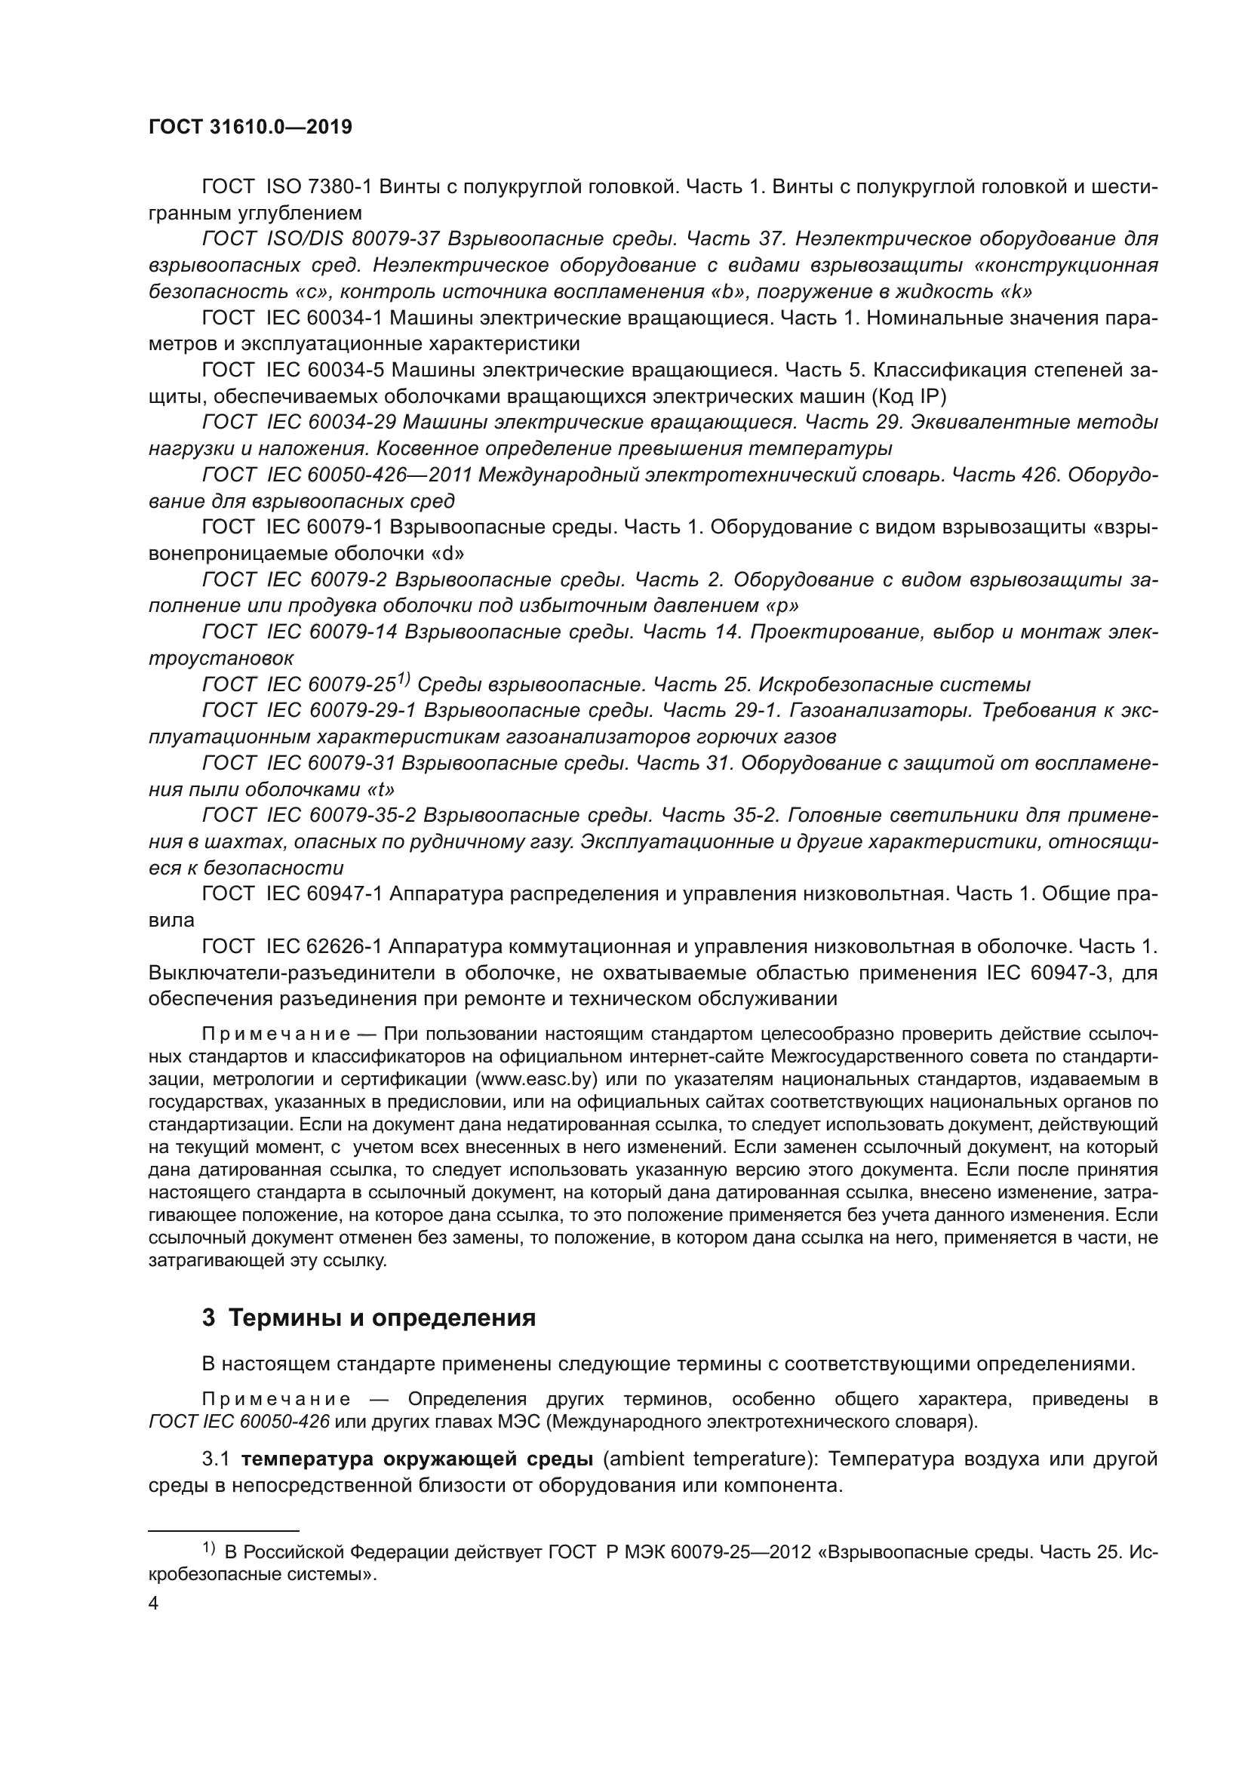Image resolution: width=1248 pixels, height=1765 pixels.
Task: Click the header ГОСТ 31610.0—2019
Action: pyautogui.click(x=251, y=127)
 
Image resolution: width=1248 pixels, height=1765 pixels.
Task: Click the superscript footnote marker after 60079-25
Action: pyautogui.click(x=404, y=680)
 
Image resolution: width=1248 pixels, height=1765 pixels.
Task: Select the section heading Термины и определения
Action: pyautogui.click(x=382, y=1318)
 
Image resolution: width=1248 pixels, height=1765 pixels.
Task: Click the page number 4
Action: pyautogui.click(x=154, y=1604)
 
